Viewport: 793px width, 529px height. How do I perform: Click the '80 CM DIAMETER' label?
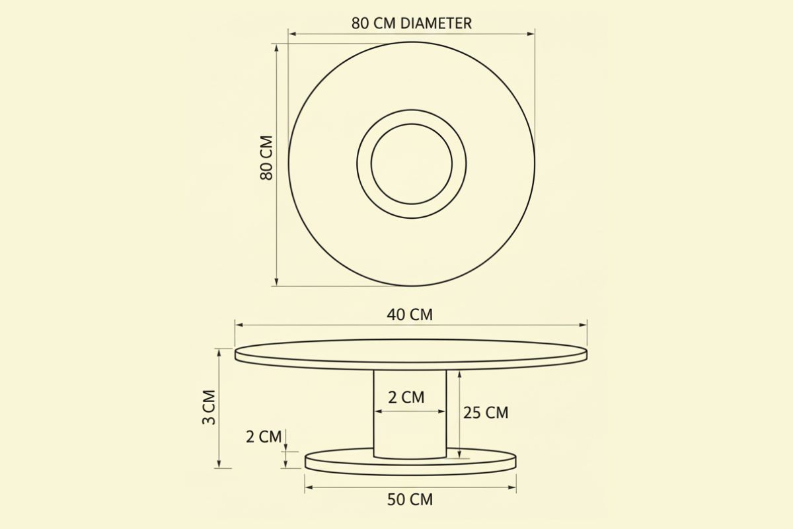click(x=411, y=23)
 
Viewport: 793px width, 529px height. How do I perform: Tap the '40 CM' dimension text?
click(x=410, y=314)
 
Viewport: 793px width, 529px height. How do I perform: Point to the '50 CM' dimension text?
click(x=410, y=499)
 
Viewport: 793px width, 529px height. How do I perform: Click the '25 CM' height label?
click(x=486, y=413)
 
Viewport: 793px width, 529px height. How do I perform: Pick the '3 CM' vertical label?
click(x=208, y=408)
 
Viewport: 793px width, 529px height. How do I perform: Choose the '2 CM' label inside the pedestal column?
click(x=406, y=397)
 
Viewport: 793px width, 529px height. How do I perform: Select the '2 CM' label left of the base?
click(x=264, y=436)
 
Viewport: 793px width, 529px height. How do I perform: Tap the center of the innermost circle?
click(x=411, y=163)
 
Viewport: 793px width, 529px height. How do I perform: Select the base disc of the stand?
click(x=410, y=462)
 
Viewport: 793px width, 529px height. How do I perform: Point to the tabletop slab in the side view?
click(x=410, y=354)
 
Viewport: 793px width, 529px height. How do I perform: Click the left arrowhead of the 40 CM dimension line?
click(x=238, y=325)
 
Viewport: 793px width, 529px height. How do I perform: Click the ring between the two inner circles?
click(x=364, y=163)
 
